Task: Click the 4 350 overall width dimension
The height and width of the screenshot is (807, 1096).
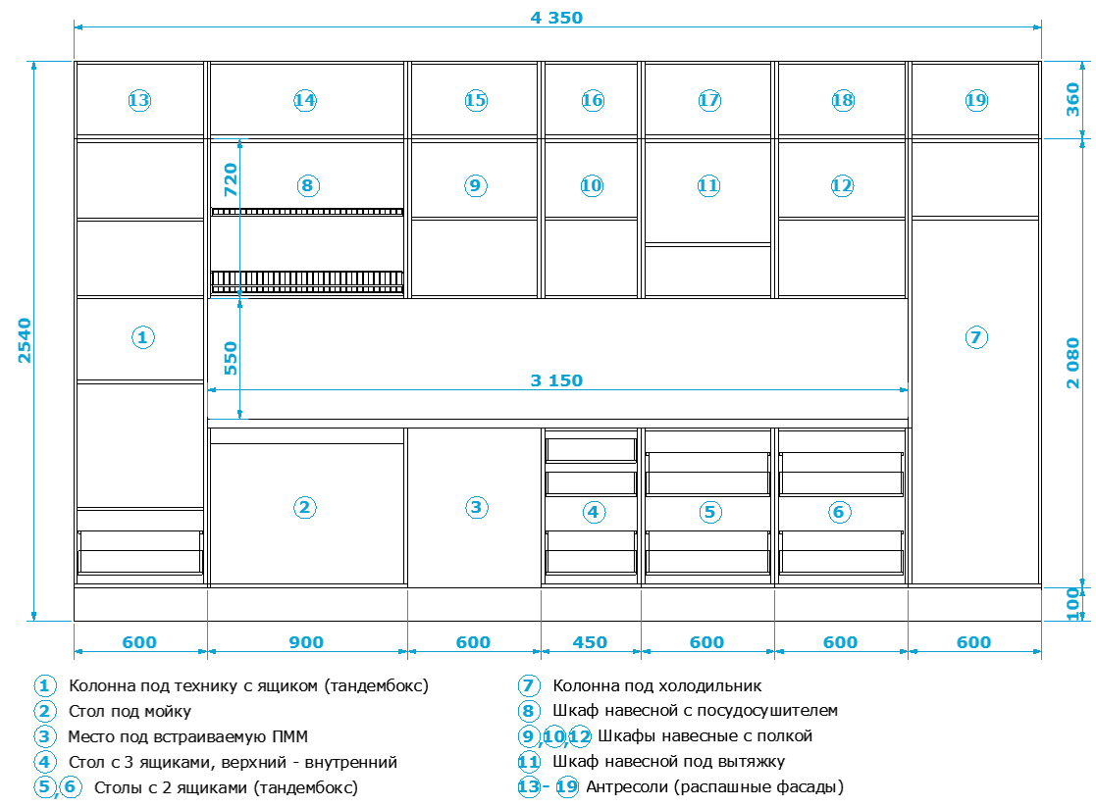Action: [x=556, y=18]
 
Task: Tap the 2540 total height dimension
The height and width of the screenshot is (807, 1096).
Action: [x=25, y=340]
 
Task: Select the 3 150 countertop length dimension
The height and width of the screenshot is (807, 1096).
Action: [x=556, y=380]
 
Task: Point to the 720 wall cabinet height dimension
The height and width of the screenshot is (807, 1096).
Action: [x=231, y=179]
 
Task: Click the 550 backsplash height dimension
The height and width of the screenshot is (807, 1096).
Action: [x=231, y=359]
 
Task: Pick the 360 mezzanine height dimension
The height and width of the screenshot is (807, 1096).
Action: [x=1072, y=99]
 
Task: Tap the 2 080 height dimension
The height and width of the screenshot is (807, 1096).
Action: [x=1072, y=364]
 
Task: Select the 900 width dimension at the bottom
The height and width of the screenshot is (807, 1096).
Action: [x=306, y=642]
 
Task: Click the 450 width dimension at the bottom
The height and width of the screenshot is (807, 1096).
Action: [x=590, y=642]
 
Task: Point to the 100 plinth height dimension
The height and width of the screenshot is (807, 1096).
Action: [x=1072, y=604]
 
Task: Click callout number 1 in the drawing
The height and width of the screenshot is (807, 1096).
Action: [x=142, y=337]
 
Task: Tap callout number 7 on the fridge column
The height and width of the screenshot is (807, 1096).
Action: [x=975, y=337]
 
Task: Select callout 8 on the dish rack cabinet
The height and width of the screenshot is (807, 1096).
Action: [x=307, y=186]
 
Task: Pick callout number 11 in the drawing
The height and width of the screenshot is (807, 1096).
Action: [x=708, y=185]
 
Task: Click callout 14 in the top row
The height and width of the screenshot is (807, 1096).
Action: [x=305, y=100]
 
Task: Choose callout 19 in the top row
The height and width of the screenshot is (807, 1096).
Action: [x=975, y=100]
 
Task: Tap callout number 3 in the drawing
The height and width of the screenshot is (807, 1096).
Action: [x=476, y=507]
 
